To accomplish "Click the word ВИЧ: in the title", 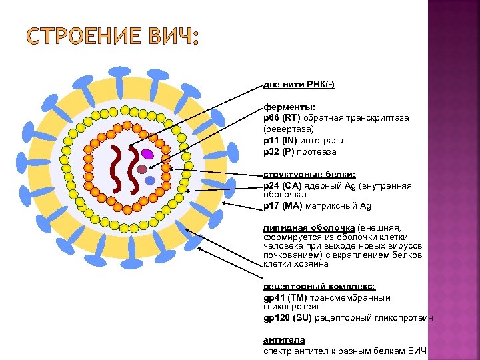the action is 175,37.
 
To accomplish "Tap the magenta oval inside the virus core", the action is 147,153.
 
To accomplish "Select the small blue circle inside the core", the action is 150,180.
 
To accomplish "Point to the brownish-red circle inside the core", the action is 141,169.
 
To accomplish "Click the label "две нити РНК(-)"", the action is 299,85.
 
